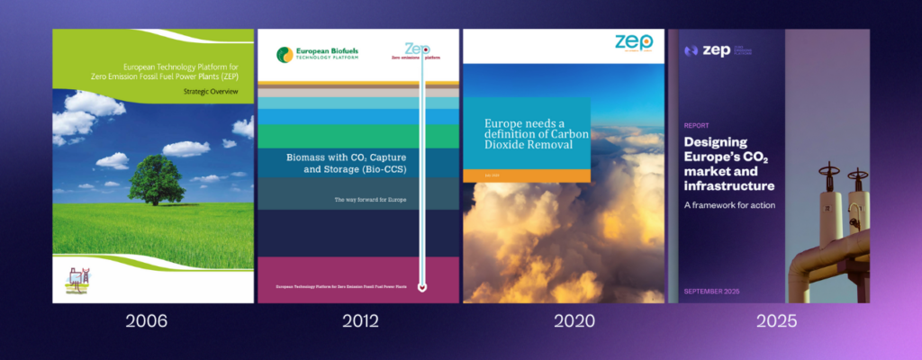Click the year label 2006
tap(153, 321)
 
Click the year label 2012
tap(359, 321)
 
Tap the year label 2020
tap(564, 321)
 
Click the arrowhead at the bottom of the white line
tap(423, 288)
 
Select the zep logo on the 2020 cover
tap(634, 43)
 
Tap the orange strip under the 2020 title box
tap(527, 175)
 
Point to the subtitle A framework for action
tap(729, 204)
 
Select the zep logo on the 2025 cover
tap(711, 51)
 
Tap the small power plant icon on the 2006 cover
tap(76, 280)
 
